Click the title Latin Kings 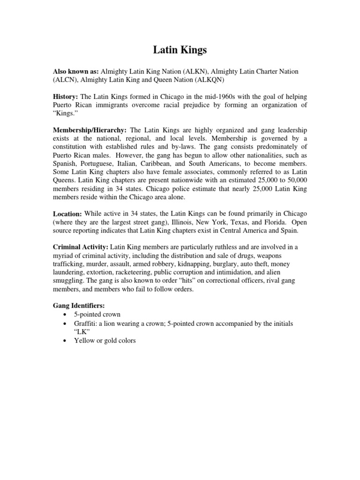click(x=180, y=50)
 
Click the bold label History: click(x=66, y=96)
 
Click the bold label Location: click(x=68, y=214)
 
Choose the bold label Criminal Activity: click(x=81, y=247)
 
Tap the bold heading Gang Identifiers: click(x=79, y=306)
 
